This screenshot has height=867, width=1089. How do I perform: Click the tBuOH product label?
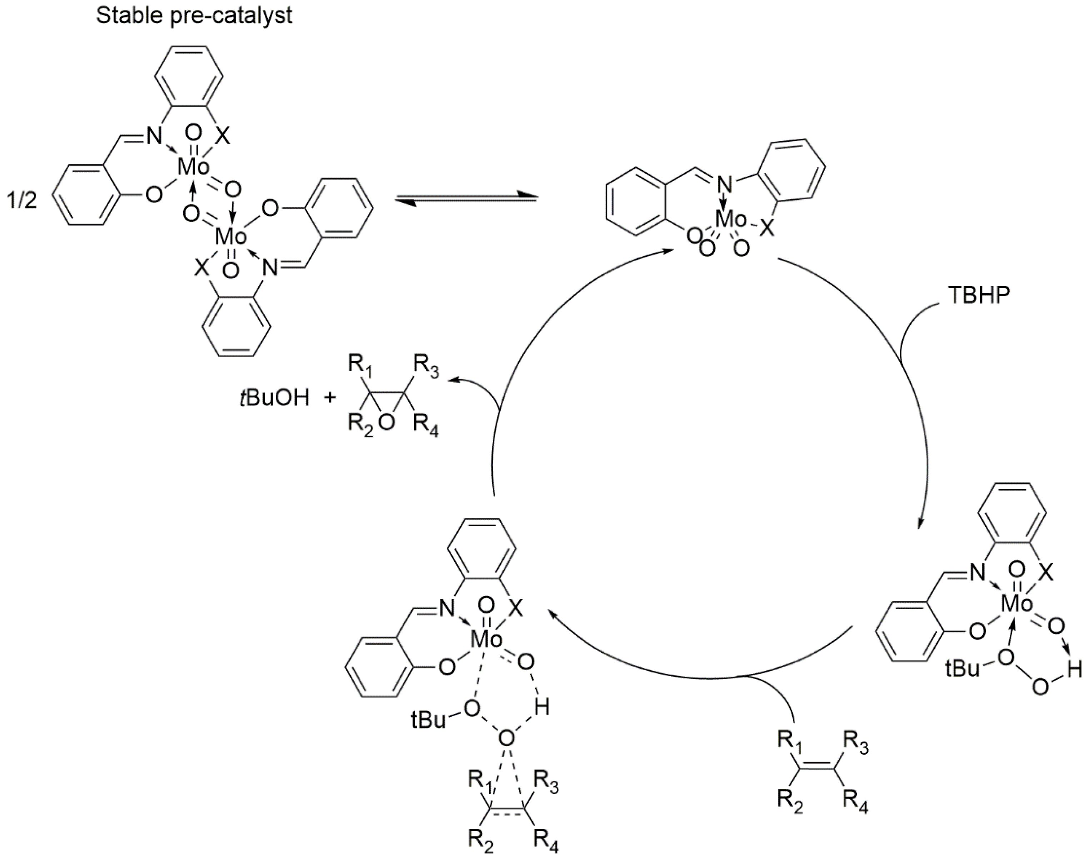pos(274,398)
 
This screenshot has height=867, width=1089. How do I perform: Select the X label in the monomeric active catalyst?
pos(767,230)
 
